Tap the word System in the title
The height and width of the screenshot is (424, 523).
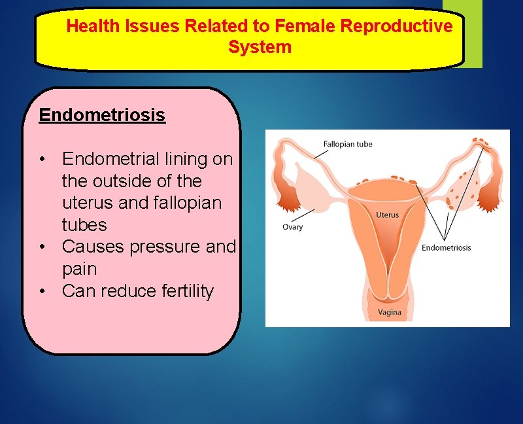tap(260, 47)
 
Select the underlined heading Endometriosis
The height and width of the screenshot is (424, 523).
tap(102, 115)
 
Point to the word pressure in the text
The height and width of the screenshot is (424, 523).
tap(166, 247)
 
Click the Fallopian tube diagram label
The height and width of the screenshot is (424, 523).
tap(348, 144)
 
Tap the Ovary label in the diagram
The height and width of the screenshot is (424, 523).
tap(293, 227)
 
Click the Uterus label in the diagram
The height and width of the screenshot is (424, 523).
tap(387, 215)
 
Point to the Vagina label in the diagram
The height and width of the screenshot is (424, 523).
tap(390, 312)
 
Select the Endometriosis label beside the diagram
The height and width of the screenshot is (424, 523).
tap(446, 247)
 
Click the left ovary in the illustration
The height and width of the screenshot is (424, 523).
tap(307, 186)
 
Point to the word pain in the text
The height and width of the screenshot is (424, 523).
tap(79, 269)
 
